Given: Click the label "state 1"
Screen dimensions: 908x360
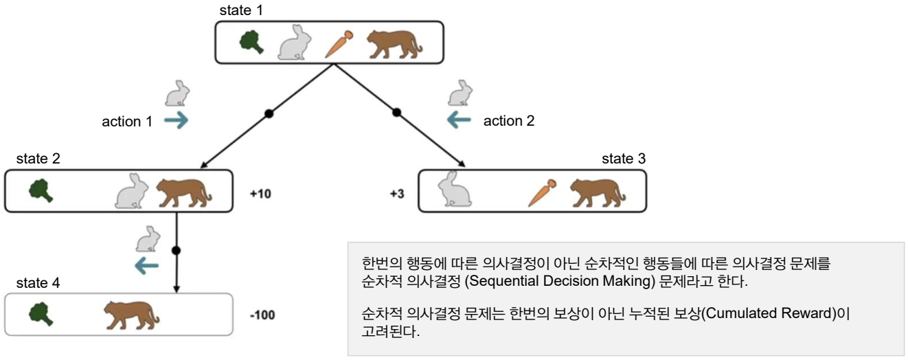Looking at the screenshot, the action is (x=240, y=11).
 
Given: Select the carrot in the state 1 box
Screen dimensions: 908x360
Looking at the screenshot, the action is (x=337, y=43).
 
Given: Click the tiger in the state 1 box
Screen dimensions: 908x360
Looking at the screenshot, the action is (x=394, y=43).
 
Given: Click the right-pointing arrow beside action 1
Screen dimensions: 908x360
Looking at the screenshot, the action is (x=177, y=122).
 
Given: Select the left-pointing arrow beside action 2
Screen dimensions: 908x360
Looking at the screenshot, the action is (x=459, y=122).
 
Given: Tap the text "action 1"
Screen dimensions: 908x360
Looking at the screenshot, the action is (x=127, y=122).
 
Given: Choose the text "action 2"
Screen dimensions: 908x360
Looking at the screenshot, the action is (x=509, y=122).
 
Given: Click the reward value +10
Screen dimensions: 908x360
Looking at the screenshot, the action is (x=261, y=194).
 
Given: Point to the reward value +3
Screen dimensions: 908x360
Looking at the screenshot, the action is (x=398, y=194).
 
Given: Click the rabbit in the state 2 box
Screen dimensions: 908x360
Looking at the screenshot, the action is (x=133, y=192).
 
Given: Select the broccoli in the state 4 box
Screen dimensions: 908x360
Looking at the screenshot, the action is (x=41, y=314).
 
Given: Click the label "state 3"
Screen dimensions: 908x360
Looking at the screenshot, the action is (x=623, y=159).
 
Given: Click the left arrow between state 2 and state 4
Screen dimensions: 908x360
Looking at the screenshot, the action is (x=146, y=265).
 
